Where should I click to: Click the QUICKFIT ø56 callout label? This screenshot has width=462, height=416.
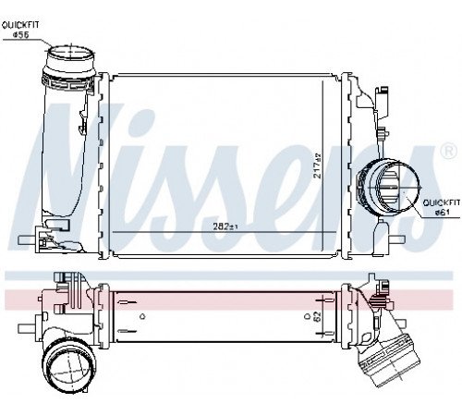(21, 30)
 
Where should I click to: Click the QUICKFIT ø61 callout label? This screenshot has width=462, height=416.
(442, 207)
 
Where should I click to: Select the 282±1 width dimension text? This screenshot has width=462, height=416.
(225, 226)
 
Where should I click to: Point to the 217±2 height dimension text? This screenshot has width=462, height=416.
(317, 165)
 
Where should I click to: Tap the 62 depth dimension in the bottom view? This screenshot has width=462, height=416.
(317, 316)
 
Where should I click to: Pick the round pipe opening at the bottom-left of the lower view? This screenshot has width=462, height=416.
(67, 366)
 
